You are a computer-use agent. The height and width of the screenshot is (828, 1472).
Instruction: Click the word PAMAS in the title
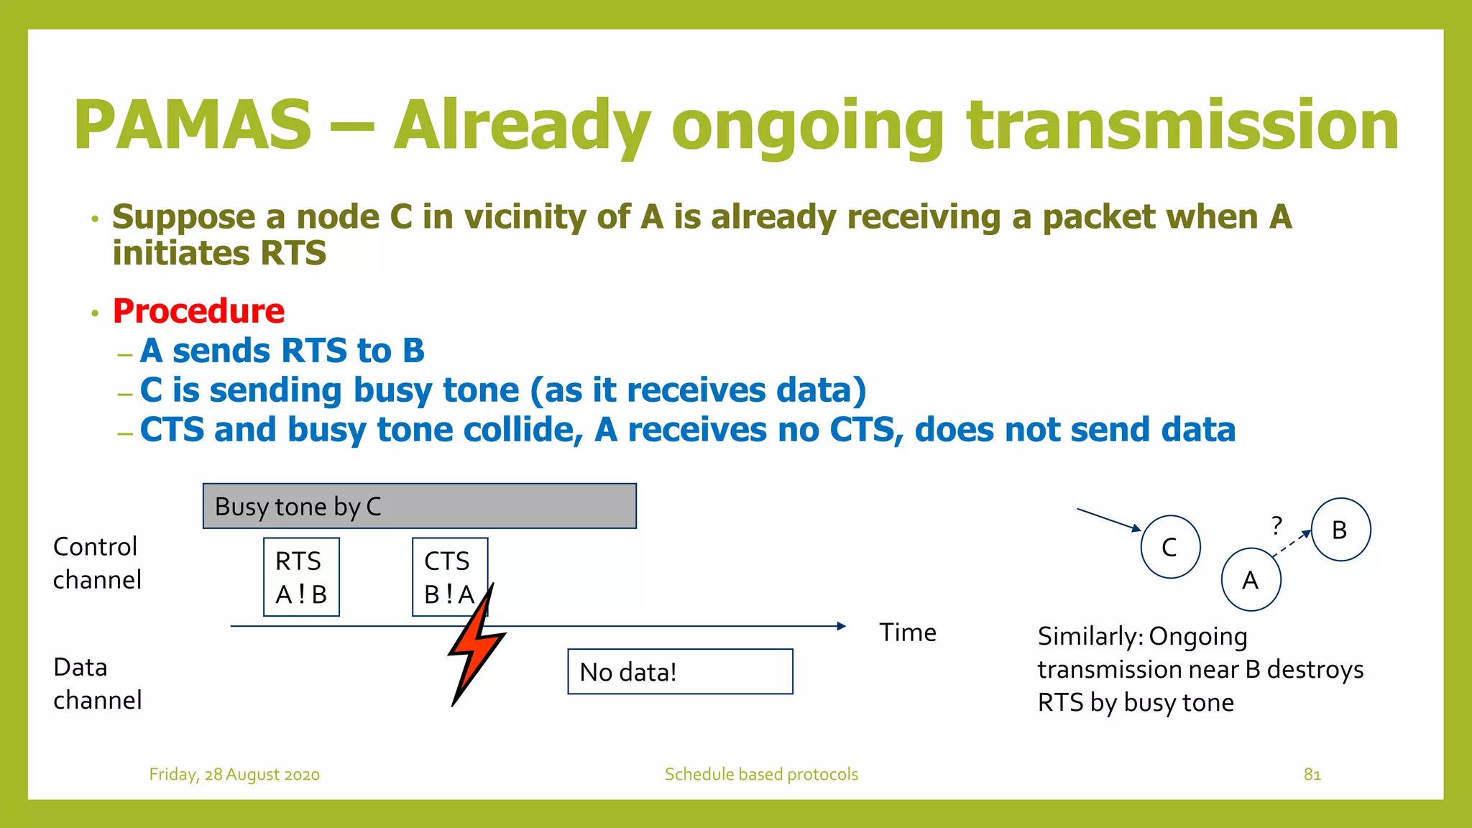point(193,126)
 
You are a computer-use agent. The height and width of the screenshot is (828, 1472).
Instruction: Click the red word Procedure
point(198,311)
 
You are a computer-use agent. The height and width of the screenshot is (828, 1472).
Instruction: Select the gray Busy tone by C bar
point(419,506)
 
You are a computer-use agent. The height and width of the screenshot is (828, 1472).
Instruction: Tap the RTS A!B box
point(301,577)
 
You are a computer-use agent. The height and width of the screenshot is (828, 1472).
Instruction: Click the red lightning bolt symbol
point(476,647)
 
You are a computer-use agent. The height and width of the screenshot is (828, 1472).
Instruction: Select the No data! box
point(680,672)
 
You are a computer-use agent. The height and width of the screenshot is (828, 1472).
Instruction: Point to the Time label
point(908,632)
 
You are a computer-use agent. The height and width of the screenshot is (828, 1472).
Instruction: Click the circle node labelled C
point(1170,547)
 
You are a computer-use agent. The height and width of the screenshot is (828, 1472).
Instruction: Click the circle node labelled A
point(1251,579)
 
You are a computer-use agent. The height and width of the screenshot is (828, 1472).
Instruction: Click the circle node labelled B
point(1340,530)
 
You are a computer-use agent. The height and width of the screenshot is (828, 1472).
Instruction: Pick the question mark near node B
point(1276,525)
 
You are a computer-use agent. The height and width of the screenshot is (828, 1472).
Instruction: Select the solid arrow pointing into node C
point(1108,520)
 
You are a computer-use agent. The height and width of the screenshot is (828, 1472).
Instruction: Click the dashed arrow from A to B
point(1291,543)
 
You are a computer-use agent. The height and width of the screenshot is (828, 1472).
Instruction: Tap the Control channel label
point(97,563)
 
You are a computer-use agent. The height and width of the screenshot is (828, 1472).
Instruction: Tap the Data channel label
point(97,684)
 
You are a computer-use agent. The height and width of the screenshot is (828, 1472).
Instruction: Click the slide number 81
point(1312,774)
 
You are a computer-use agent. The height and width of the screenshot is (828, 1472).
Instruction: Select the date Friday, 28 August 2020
point(234,774)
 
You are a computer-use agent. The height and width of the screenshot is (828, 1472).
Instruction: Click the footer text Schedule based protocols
point(761,774)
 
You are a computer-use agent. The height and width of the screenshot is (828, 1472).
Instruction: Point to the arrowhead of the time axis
point(841,626)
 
